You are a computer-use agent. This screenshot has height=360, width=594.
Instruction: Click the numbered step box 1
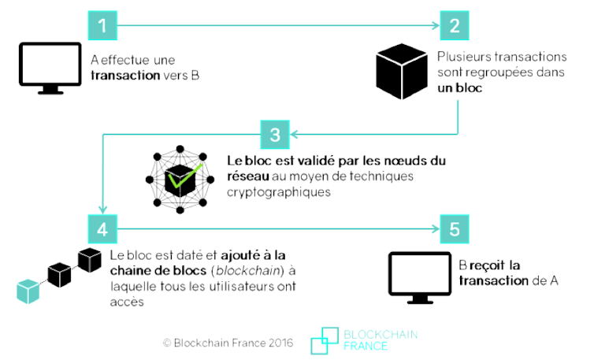102,25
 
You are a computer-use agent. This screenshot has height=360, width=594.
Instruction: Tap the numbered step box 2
455,25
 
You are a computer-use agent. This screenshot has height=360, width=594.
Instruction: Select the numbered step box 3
275,135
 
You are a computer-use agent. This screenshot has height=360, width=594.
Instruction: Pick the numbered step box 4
102,229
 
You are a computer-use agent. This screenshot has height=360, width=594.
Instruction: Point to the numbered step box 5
455,229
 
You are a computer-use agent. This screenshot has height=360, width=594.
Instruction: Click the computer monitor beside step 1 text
50,68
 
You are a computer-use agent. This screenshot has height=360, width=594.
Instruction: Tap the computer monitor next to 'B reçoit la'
420,278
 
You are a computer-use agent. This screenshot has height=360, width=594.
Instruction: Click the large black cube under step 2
402,71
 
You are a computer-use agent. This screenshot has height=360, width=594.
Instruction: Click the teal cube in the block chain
28,291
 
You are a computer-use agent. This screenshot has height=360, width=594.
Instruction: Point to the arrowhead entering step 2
436,25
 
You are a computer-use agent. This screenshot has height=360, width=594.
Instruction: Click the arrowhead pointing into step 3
294,134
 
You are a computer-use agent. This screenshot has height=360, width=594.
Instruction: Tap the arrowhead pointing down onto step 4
102,210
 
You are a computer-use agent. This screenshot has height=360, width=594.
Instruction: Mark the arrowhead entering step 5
436,229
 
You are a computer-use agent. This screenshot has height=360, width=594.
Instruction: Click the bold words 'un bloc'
459,88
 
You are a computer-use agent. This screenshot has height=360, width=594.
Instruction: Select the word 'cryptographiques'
279,192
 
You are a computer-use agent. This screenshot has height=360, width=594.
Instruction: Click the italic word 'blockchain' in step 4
249,270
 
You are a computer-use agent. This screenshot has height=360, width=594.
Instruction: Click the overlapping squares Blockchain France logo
325,340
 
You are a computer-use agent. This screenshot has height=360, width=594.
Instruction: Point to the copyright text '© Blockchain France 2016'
228,343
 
